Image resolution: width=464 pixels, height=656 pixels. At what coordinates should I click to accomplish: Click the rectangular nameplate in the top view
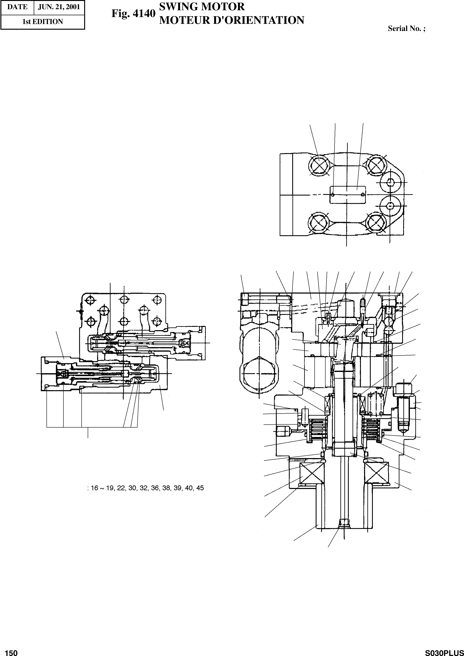tap(347, 195)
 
